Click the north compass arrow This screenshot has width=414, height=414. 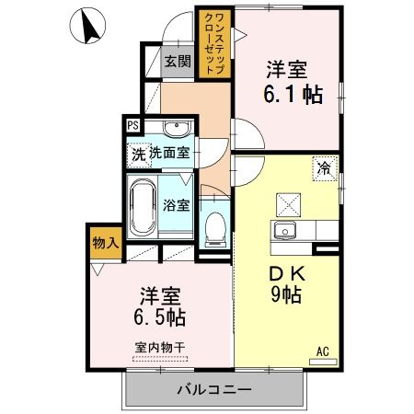(x=91, y=27)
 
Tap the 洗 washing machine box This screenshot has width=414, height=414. (x=137, y=153)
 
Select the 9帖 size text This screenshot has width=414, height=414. (x=287, y=297)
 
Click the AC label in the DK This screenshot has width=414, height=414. (x=323, y=350)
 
